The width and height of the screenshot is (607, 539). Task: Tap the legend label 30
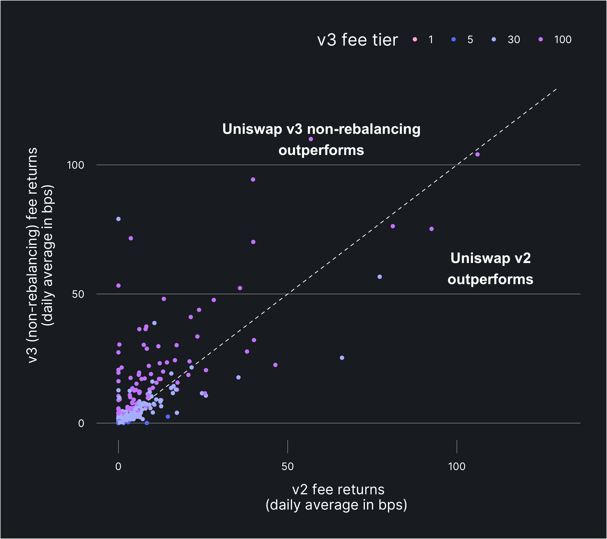513,40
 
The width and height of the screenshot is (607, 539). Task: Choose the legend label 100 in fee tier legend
562,40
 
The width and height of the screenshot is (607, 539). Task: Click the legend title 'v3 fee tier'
357,40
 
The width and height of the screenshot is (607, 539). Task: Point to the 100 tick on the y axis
76,165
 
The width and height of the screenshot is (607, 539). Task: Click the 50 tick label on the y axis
78,294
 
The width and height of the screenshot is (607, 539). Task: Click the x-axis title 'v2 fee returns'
338,489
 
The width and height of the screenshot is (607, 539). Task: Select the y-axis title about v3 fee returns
33,255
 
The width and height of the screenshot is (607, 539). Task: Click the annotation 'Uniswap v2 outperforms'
490,268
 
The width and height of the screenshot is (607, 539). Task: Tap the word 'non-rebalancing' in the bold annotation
364,129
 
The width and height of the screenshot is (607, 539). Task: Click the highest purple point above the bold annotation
311,139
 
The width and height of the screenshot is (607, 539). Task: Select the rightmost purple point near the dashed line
478,154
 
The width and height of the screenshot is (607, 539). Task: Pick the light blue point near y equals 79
118,219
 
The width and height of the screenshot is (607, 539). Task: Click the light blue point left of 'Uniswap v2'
379,277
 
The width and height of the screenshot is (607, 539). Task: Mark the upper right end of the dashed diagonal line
556,89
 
